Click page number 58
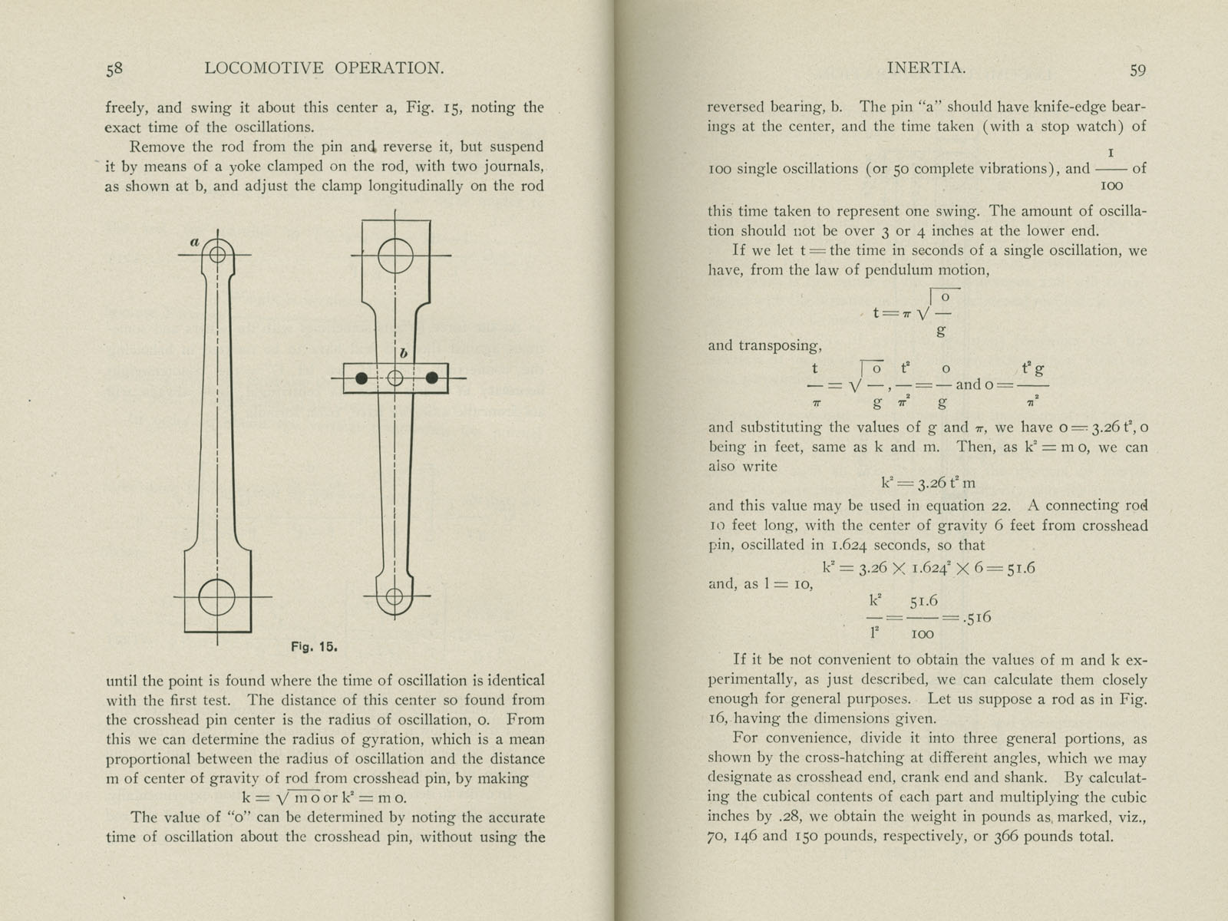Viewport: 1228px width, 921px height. click(x=114, y=69)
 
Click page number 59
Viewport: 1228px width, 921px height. click(x=1137, y=70)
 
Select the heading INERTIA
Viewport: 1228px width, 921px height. click(x=926, y=68)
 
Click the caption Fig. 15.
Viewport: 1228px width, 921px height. click(x=314, y=646)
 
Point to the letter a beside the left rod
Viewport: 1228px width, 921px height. click(x=195, y=242)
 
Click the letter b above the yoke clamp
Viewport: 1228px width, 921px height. click(x=404, y=354)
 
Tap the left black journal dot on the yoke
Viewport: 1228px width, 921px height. click(x=361, y=378)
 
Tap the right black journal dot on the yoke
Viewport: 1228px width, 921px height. click(x=432, y=378)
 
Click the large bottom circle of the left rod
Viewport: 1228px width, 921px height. click(x=216, y=597)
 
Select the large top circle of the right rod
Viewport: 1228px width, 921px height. click(x=395, y=255)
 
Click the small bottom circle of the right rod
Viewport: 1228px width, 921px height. click(x=394, y=596)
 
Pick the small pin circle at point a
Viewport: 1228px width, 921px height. click(x=217, y=254)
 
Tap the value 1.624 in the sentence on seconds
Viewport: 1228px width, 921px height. click(x=847, y=546)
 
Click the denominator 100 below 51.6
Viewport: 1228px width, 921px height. click(x=922, y=634)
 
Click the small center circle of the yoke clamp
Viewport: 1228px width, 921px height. click(x=394, y=378)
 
